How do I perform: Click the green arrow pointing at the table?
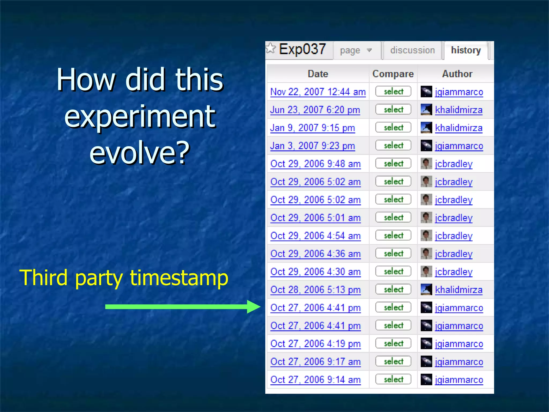(182, 307)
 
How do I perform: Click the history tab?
(466, 50)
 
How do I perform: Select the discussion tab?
(412, 50)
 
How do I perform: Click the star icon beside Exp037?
(271, 49)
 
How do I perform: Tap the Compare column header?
(393, 74)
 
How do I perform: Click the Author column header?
(457, 74)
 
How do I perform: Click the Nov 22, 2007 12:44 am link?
(318, 92)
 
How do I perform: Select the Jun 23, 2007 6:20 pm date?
(315, 110)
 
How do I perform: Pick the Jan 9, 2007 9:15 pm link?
(313, 128)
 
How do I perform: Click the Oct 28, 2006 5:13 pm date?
(316, 290)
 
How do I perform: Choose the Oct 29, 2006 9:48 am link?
(316, 164)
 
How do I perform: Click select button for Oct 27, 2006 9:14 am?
(393, 379)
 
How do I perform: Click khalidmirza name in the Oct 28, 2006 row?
(459, 290)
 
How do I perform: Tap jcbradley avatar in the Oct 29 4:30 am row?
(426, 271)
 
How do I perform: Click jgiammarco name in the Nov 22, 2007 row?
(459, 92)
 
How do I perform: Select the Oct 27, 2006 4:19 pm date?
(316, 344)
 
